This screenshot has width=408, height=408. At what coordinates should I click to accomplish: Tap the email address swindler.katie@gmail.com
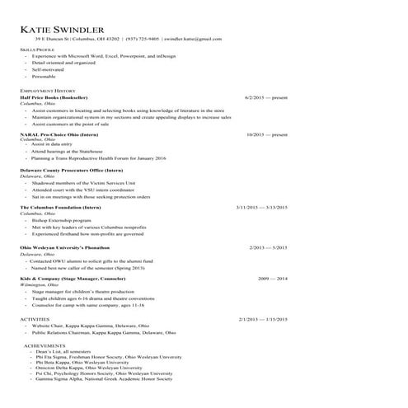[x=193, y=39]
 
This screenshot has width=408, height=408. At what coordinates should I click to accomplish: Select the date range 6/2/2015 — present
[x=266, y=97]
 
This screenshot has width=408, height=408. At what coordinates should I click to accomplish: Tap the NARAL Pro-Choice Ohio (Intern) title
[x=59, y=134]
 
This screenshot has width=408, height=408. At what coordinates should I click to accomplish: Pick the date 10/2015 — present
[x=267, y=134]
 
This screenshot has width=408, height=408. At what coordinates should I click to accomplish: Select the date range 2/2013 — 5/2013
[x=268, y=246]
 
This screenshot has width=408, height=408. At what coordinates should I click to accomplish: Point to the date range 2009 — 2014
[x=273, y=279]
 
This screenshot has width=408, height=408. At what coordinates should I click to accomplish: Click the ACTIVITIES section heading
[x=35, y=319]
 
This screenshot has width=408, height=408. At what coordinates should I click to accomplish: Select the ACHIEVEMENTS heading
[x=44, y=344]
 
